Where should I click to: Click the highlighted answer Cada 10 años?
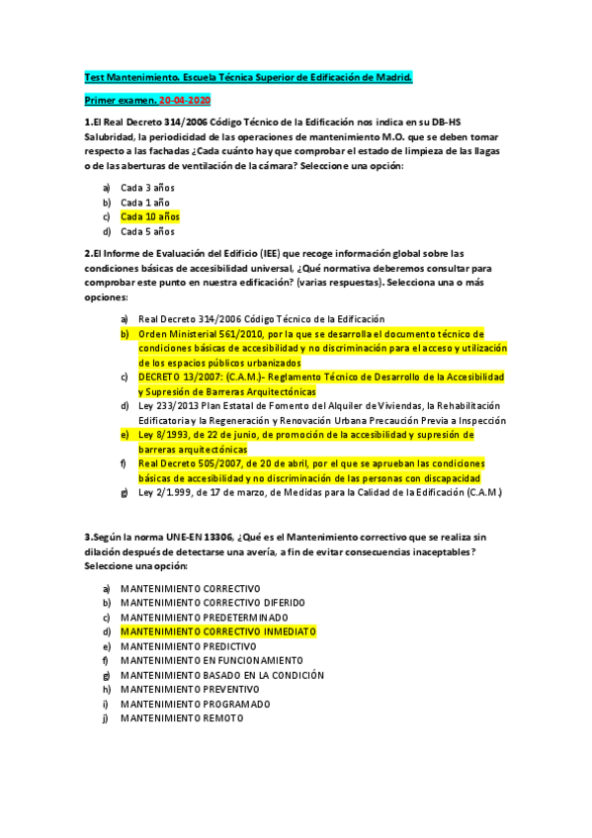pyautogui.click(x=150, y=216)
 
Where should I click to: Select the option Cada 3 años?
pyautogui.click(x=147, y=187)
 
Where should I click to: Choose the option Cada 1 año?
pyautogui.click(x=145, y=202)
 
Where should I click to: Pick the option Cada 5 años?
pyautogui.click(x=147, y=232)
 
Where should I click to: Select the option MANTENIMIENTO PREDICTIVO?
pyautogui.click(x=187, y=645)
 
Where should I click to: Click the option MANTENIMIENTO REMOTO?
pyautogui.click(x=182, y=718)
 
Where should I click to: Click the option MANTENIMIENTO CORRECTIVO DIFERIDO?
pyautogui.click(x=212, y=602)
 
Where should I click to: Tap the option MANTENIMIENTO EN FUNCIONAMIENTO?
pyautogui.click(x=211, y=660)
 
